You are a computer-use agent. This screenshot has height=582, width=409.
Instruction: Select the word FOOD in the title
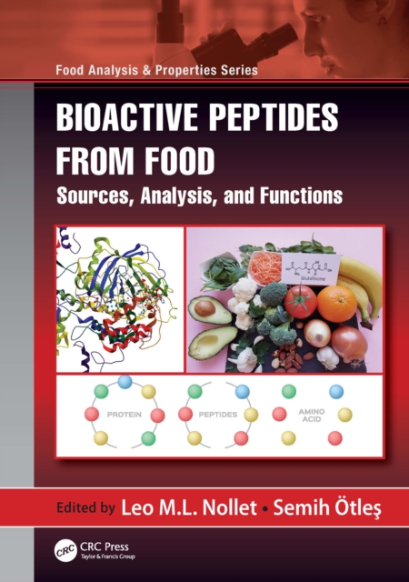181,161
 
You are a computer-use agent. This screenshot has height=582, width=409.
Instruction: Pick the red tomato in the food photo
299,301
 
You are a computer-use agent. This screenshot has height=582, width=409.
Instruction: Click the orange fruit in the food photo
336,303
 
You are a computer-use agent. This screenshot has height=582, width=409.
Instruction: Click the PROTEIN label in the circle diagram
125,414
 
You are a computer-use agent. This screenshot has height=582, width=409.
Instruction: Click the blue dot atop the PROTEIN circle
125,382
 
